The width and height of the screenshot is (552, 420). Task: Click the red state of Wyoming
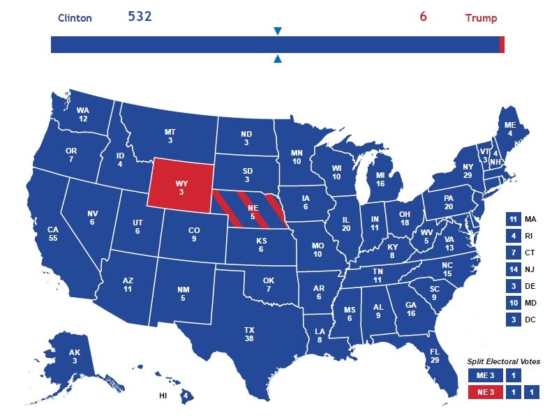click(x=180, y=183)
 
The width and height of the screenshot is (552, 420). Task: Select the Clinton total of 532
click(x=140, y=16)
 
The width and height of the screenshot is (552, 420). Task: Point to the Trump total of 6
click(x=423, y=16)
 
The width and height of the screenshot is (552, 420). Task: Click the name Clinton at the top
click(x=75, y=18)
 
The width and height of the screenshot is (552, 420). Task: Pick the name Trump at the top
click(x=482, y=18)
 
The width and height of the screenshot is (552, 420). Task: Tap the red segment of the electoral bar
click(x=502, y=45)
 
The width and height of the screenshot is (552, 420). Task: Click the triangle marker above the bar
click(x=278, y=31)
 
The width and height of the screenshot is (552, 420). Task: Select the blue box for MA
click(x=514, y=219)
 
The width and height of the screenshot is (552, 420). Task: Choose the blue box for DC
click(x=514, y=320)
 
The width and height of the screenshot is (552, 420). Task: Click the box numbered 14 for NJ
click(x=514, y=270)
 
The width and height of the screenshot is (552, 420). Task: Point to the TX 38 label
click(x=249, y=334)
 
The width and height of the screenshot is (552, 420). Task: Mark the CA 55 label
click(x=53, y=234)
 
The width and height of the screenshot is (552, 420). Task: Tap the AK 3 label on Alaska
click(x=75, y=357)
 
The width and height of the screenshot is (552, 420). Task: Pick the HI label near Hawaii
click(x=163, y=396)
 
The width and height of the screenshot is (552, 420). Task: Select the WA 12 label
click(x=83, y=114)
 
